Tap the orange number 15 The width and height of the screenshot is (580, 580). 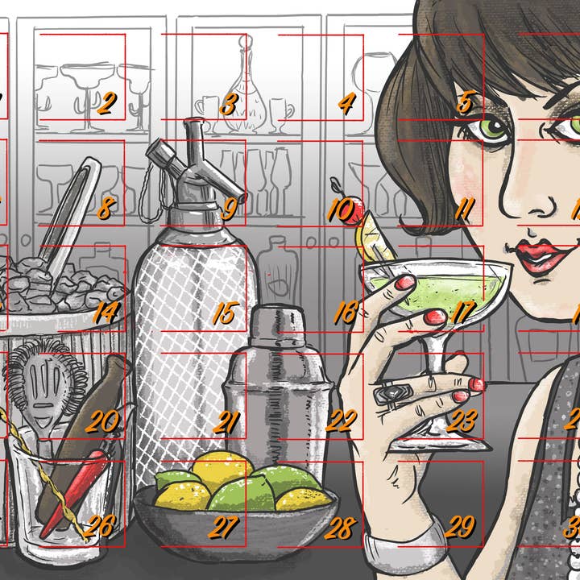click(x=224, y=313)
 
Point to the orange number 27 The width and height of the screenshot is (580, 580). click(x=224, y=528)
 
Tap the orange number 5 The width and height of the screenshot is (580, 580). click(x=465, y=103)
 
